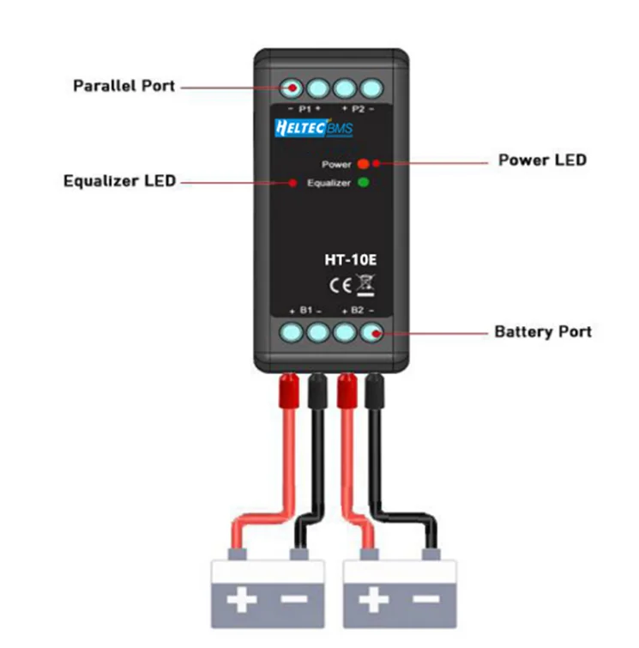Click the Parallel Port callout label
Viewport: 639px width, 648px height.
[x=124, y=86]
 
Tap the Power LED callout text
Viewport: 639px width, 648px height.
[x=542, y=160]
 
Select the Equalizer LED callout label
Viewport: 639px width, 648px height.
[x=120, y=181]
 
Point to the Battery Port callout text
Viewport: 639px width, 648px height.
[x=543, y=331]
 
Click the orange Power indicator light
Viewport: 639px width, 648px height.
[x=364, y=164]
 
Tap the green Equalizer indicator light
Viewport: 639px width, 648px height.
[x=364, y=182]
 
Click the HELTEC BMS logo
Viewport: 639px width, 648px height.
[x=314, y=128]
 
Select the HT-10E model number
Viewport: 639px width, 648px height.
[x=351, y=260]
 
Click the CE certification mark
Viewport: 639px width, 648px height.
[x=341, y=286]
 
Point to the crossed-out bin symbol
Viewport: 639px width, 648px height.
[x=365, y=285]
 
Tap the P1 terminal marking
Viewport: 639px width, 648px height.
[x=304, y=109]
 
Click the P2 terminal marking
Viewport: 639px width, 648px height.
[x=359, y=109]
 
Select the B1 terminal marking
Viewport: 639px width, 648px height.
[x=305, y=311]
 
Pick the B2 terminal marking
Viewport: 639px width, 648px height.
[x=358, y=311]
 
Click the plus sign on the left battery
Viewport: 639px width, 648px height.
[x=242, y=599]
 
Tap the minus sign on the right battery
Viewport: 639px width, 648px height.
[x=426, y=598]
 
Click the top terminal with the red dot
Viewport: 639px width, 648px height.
[x=292, y=88]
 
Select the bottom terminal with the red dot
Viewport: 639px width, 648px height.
[x=371, y=332]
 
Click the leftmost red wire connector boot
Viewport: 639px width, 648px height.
[x=289, y=391]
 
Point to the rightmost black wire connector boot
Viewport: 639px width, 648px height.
[x=375, y=391]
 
